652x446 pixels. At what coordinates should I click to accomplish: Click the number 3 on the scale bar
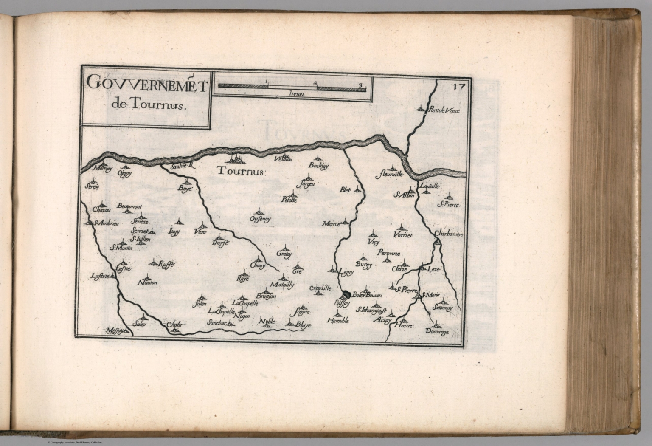[x=360, y=84]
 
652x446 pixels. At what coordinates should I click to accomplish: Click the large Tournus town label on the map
[x=240, y=172]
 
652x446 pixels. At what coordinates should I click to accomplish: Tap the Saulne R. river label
[x=181, y=167]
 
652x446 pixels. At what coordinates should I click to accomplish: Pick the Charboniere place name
[x=448, y=234]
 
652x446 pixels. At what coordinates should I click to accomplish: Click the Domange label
[x=437, y=332]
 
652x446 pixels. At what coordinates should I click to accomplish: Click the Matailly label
[x=282, y=285]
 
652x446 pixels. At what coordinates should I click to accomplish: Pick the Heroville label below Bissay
[x=338, y=321]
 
